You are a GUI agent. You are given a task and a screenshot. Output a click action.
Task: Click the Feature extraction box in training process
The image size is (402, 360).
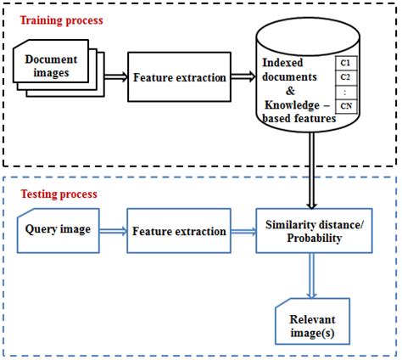[x=179, y=77]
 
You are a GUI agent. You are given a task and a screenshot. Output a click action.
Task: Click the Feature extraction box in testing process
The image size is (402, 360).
[x=179, y=231]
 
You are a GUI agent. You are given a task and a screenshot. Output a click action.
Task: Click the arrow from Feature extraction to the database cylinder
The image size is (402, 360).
[x=242, y=77]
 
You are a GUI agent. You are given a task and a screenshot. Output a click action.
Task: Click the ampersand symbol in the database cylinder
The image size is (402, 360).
[x=292, y=90]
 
